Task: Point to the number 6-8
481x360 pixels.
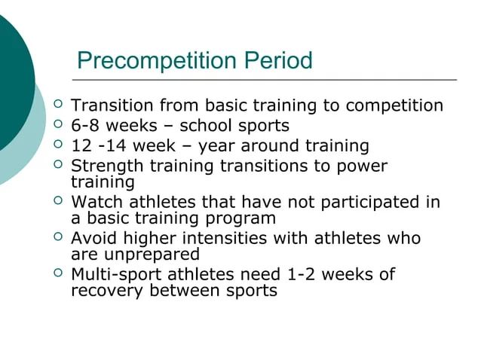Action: pyautogui.click(x=85, y=126)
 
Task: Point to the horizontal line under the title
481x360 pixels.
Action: pyautogui.click(x=264, y=79)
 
